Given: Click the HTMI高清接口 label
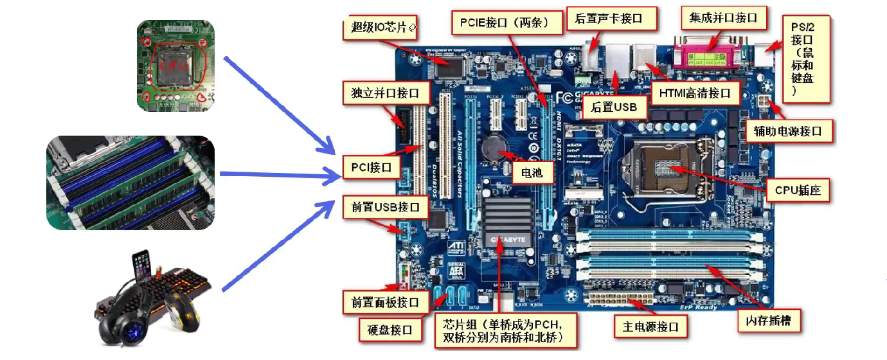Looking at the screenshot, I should [695, 93].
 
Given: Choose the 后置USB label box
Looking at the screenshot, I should [614, 107].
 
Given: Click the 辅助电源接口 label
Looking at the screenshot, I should [788, 131].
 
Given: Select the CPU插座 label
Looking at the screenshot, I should [798, 190].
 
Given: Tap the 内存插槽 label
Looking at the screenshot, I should [769, 320].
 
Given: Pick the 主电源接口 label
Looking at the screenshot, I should [650, 327].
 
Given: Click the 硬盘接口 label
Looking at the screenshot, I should [389, 330].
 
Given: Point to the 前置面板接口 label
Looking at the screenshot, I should [385, 301].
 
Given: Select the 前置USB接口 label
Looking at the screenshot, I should [385, 208].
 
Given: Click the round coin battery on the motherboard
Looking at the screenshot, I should [495, 147].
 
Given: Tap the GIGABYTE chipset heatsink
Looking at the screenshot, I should [507, 222].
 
